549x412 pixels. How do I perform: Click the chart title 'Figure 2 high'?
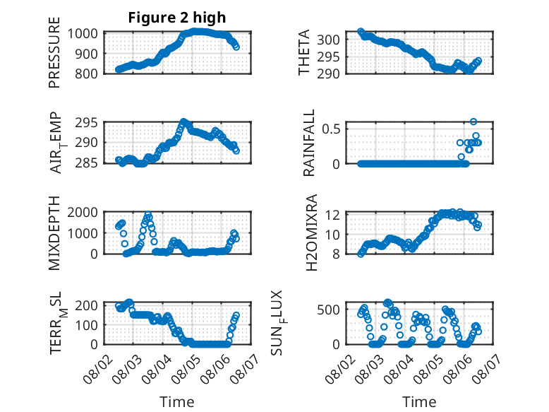[x=177, y=18]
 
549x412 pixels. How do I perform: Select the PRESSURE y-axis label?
[x=54, y=52]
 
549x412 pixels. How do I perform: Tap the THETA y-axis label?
[x=304, y=52]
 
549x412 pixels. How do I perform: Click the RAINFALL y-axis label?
[x=309, y=143]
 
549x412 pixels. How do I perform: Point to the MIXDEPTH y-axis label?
[x=54, y=233]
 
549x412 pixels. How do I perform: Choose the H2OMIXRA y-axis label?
[x=311, y=233]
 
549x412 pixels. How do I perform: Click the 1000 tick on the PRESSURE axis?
[x=83, y=34]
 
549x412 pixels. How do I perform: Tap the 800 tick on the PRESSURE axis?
[x=86, y=73]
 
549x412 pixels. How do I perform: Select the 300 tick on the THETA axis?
[x=328, y=40]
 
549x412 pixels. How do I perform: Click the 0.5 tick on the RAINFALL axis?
[x=331, y=129]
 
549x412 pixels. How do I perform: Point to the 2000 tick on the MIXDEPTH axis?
[x=83, y=212]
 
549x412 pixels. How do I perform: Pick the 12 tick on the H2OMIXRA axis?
[x=332, y=215]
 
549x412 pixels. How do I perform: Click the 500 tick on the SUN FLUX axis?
[x=328, y=310]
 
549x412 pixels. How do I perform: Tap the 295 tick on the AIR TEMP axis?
[x=86, y=123]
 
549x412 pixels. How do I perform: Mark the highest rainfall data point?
[x=473, y=122]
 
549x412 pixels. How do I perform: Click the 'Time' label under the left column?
[x=177, y=402]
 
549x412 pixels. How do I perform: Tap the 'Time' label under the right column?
[x=419, y=402]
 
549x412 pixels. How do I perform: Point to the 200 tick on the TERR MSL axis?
[x=86, y=305]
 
